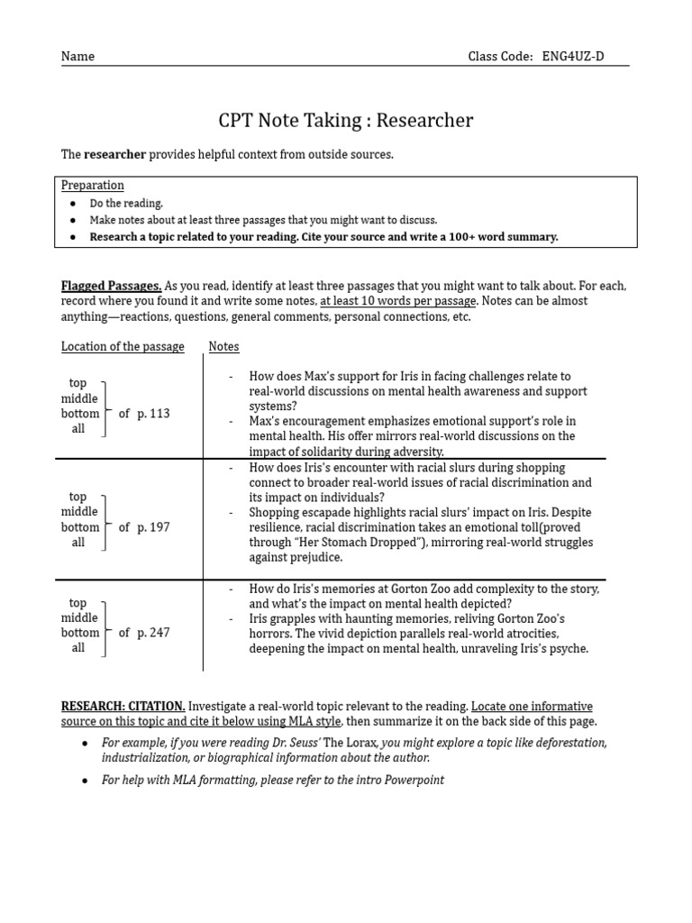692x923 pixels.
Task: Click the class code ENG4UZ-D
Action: [x=573, y=56]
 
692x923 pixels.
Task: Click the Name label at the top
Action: [x=77, y=56]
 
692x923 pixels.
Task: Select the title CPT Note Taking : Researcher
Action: [x=346, y=121]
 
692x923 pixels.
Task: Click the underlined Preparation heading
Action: [x=93, y=185]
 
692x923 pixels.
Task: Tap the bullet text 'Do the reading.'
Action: [x=126, y=204]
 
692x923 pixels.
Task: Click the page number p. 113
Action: [x=153, y=414]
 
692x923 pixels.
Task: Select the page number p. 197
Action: [x=153, y=527]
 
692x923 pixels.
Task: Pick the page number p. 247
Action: [x=153, y=633]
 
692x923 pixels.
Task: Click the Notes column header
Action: [x=224, y=346]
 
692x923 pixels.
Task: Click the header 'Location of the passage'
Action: [x=123, y=346]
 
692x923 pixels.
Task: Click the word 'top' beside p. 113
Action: [x=78, y=383]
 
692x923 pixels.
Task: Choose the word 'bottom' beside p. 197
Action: [x=80, y=527]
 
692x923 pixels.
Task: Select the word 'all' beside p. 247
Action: [x=78, y=648]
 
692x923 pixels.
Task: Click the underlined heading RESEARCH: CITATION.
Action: [x=123, y=706]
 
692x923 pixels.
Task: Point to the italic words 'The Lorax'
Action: [x=351, y=742]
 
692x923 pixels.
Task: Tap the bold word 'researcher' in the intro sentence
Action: [x=114, y=154]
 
